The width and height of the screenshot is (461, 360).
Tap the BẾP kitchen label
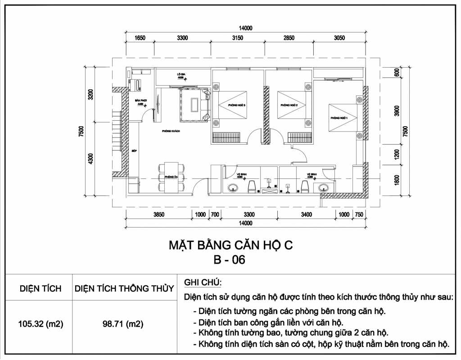pyautogui.click(x=134, y=151)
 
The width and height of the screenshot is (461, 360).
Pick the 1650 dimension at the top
pyautogui.click(x=140, y=38)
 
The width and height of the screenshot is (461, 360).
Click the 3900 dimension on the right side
pyautogui.click(x=397, y=111)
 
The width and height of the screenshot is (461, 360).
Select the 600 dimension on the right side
pyautogui.click(x=397, y=73)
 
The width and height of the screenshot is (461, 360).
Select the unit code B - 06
pyautogui.click(x=230, y=260)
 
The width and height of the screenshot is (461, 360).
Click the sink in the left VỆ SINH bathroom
pyautogui.click(x=233, y=187)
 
